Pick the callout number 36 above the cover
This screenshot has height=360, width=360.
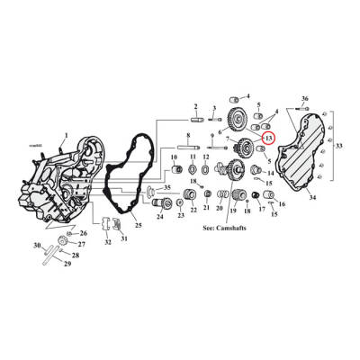click(305, 97)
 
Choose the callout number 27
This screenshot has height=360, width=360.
click(82, 245)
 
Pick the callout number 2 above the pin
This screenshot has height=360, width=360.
click(193, 106)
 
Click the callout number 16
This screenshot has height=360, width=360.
click(281, 204)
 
